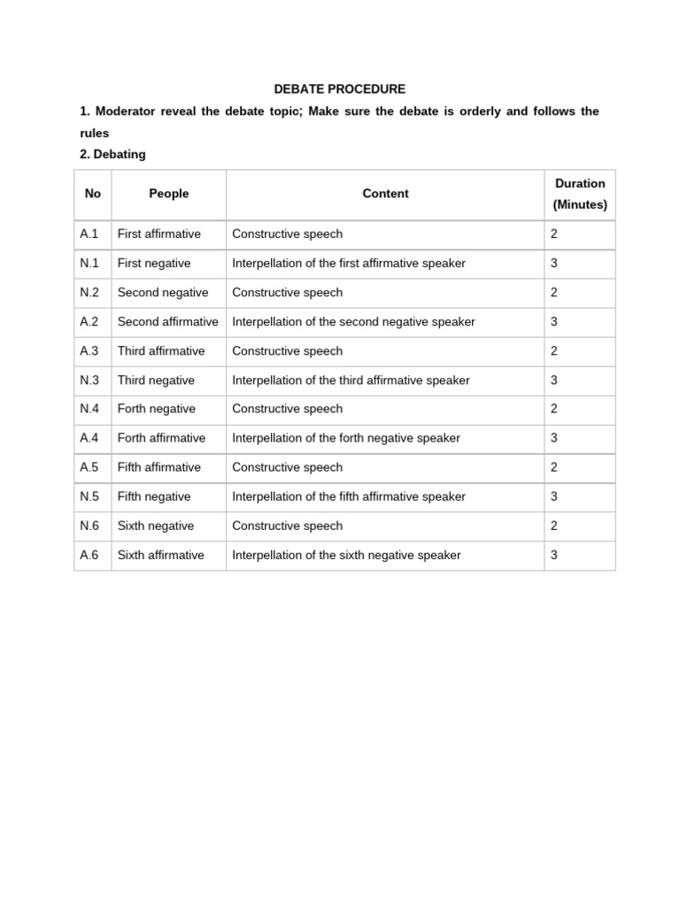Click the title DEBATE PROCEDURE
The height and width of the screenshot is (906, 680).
(x=339, y=89)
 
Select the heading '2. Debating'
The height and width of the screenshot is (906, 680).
(x=112, y=154)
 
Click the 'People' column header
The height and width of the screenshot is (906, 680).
(x=168, y=194)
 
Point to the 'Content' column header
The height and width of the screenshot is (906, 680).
(x=385, y=194)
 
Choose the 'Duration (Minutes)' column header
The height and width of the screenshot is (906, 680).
(x=580, y=194)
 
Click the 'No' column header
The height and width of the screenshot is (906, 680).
(x=93, y=194)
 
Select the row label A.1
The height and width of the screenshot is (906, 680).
(x=89, y=234)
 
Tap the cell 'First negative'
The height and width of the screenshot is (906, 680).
(x=154, y=264)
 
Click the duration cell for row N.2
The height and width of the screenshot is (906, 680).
(x=554, y=293)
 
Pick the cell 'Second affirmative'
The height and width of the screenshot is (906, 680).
(x=167, y=322)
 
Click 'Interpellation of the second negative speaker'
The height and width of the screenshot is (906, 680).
(x=353, y=322)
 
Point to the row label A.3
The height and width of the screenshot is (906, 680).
(x=89, y=351)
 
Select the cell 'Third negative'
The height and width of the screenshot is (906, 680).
(x=156, y=380)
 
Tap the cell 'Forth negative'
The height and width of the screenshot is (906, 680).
(x=157, y=409)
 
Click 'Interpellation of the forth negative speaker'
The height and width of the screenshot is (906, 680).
(x=346, y=438)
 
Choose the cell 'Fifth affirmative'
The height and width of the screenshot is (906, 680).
(x=159, y=467)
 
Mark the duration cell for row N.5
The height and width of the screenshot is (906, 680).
(x=554, y=496)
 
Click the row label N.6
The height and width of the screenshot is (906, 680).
(x=89, y=526)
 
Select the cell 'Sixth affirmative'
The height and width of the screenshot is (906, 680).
(x=160, y=555)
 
